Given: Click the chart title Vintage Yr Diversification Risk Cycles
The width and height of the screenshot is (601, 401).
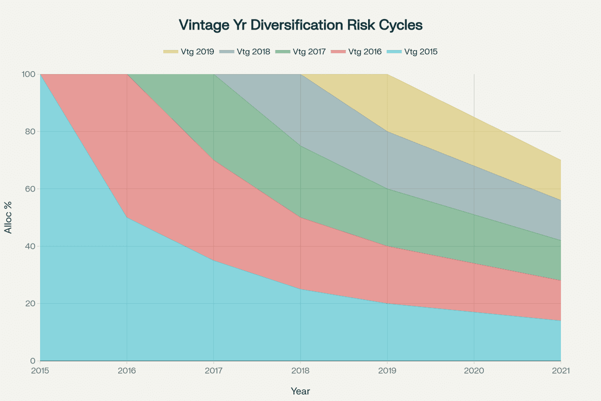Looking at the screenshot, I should pyautogui.click(x=300, y=25).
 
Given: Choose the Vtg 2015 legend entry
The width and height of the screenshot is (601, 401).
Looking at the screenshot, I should pyautogui.click(x=413, y=52).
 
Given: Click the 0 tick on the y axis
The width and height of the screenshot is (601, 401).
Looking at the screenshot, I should pyautogui.click(x=33, y=361).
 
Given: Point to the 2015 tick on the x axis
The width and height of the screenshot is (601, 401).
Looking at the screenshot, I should pyautogui.click(x=40, y=371).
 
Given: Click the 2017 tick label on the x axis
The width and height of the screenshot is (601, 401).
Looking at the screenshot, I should pyautogui.click(x=214, y=371).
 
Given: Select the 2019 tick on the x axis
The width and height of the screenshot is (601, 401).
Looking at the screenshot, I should pyautogui.click(x=387, y=371).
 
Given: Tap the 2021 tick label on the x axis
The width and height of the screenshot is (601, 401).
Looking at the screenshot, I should pyautogui.click(x=561, y=371).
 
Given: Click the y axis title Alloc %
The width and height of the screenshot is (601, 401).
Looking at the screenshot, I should pyautogui.click(x=9, y=218).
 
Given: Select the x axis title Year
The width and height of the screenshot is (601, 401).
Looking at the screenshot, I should pyautogui.click(x=300, y=391).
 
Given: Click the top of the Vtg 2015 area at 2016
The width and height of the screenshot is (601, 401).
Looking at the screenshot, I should pyautogui.click(x=127, y=218).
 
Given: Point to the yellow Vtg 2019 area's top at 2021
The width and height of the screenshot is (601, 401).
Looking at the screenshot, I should pyautogui.click(x=560, y=160).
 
